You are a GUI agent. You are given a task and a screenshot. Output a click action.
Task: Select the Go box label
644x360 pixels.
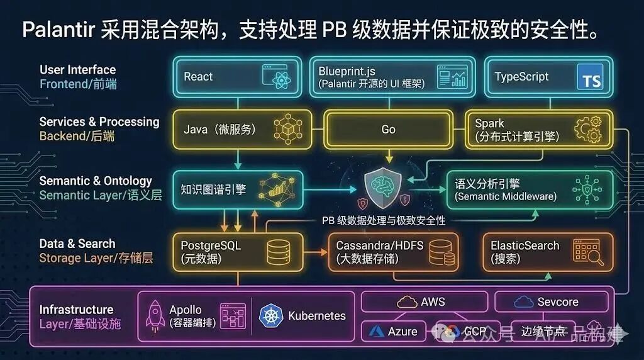[388, 129]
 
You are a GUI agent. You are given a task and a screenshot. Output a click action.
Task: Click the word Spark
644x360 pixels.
[490, 123]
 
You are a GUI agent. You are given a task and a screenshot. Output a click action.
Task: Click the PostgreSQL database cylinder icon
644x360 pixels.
[277, 252]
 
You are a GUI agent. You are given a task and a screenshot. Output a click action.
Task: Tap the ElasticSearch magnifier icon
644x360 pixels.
[588, 252]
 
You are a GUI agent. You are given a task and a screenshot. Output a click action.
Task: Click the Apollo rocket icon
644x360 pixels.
[155, 315]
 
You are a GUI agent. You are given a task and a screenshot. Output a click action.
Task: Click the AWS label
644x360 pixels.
[433, 302]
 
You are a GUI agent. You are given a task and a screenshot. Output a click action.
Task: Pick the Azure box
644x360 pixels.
[394, 331]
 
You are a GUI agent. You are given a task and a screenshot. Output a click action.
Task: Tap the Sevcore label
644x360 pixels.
[557, 302]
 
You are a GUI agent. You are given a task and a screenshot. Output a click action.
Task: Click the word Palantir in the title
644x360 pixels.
[58, 29]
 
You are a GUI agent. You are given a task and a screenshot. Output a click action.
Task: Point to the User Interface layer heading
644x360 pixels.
[77, 70]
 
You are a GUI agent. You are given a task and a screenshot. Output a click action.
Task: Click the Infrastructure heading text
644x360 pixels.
[76, 310]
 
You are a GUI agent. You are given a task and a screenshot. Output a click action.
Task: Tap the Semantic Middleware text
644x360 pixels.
[506, 196]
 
